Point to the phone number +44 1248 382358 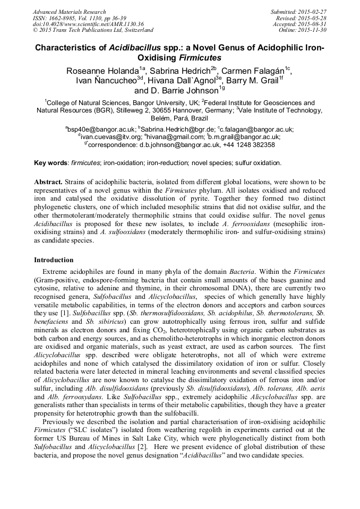(x=249, y=144)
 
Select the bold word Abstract (x=48, y=182)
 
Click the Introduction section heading (x=54, y=260)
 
